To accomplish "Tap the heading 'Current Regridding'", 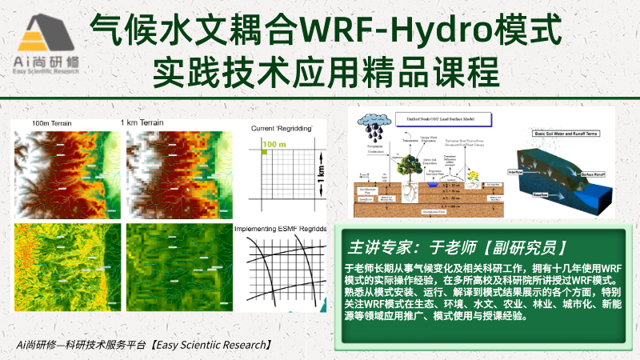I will (281, 129).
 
